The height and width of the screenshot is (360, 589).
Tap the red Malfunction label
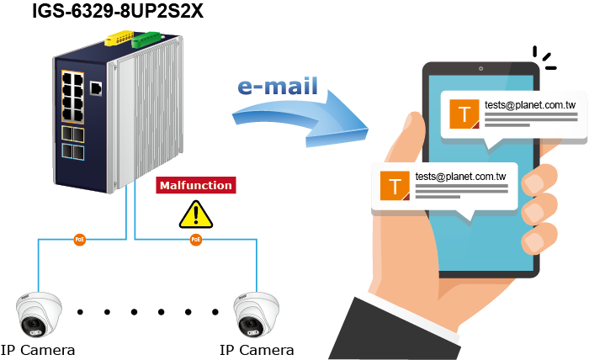coord(194,185)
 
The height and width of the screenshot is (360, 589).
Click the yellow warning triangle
coord(195,214)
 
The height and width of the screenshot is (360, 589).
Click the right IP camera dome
coord(256,315)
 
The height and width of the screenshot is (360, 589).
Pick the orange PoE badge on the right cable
coord(196,240)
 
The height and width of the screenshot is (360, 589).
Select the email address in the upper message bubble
coord(530,105)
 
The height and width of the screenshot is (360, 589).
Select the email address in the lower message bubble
coord(460,177)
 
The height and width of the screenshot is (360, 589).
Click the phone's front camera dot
coord(480,69)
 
